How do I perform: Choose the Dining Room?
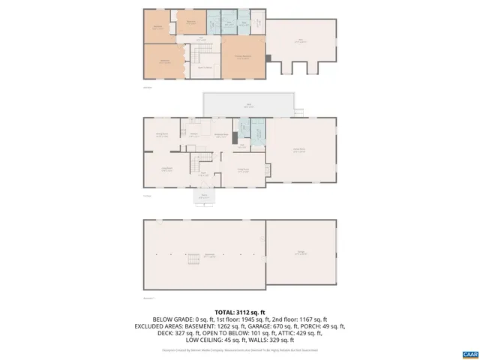(x=161, y=135)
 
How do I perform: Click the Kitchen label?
(x=193, y=135)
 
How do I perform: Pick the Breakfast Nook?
(x=221, y=136)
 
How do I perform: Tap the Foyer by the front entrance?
(x=202, y=174)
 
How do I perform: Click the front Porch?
(x=204, y=197)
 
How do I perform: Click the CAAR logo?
(x=470, y=353)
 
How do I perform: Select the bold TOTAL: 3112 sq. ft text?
(x=240, y=311)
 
